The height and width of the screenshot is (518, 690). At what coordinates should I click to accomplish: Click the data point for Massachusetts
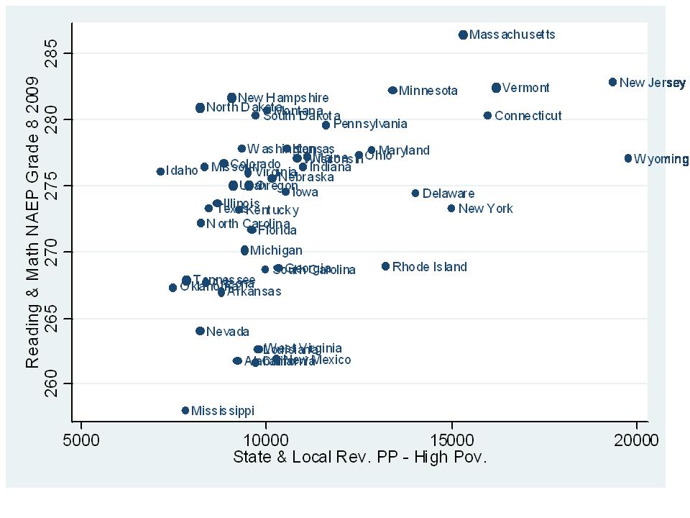tap(463, 35)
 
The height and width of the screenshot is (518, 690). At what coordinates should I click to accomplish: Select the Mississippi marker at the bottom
tap(185, 411)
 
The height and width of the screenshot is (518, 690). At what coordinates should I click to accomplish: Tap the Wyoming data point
tap(628, 158)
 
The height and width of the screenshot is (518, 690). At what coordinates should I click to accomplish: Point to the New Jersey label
tap(652, 83)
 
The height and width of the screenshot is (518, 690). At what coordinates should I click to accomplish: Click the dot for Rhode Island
tap(385, 266)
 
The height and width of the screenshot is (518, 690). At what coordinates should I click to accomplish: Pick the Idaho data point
tap(160, 171)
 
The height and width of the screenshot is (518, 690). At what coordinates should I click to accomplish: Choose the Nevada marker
tap(200, 331)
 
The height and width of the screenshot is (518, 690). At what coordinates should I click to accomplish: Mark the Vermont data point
tap(496, 88)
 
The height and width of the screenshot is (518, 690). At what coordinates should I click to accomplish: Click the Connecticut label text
tap(528, 116)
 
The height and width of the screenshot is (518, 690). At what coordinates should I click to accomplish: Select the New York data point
tap(451, 208)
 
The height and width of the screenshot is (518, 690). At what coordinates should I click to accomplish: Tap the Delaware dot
tap(415, 193)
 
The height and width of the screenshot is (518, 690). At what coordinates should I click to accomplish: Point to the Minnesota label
tap(428, 91)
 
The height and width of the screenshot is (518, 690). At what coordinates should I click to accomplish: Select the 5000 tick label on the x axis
tap(80, 440)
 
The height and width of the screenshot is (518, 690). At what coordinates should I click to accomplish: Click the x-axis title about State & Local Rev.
tap(359, 458)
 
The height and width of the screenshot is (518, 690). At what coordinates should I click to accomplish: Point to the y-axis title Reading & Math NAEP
tap(33, 236)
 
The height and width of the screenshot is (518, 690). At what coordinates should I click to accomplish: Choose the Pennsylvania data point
tap(326, 125)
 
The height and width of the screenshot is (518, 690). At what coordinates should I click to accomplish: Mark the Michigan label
tap(276, 251)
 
